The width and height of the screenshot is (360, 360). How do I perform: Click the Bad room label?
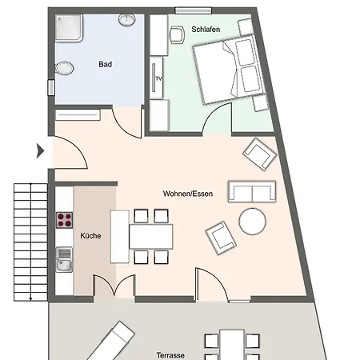point(105,64)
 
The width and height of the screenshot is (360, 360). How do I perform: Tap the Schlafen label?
point(206,29)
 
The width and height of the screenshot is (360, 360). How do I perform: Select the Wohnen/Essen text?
point(188,194)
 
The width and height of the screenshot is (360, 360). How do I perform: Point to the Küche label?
point(90,236)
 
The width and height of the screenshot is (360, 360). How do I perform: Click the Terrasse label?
point(170,355)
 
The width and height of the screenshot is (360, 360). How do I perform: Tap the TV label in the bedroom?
point(159,78)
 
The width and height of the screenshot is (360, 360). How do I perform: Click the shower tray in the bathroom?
point(69,28)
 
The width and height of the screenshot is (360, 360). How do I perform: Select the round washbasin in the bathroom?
point(127,20)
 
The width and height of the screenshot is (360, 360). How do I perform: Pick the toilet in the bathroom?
point(63,69)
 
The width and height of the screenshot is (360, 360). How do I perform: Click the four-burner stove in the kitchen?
point(64,220)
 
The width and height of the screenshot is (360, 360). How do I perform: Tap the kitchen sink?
point(64,260)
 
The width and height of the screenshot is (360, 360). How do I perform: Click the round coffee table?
point(252,222)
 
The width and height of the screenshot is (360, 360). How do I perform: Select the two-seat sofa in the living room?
point(252,191)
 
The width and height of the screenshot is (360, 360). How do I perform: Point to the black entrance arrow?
point(40,151)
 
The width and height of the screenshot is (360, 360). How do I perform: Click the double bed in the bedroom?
point(230,69)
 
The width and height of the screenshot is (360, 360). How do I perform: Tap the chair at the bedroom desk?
point(178,34)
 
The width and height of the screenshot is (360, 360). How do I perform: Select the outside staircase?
point(30,242)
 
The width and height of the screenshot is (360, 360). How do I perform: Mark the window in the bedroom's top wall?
point(194,10)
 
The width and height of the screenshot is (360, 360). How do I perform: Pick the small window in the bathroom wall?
point(51,87)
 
